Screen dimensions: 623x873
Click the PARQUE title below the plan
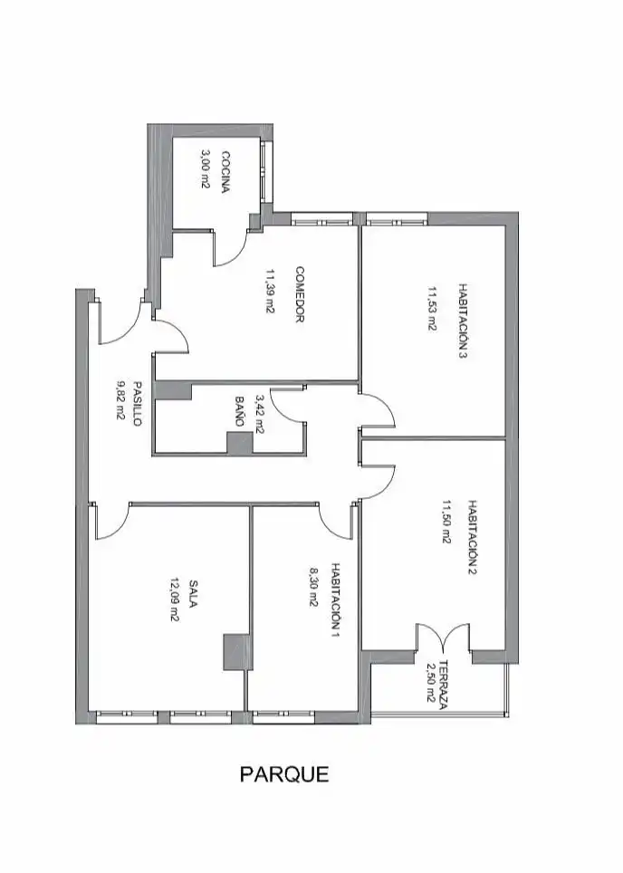284,774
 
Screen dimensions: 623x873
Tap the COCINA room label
225,171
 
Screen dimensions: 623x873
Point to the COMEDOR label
300,295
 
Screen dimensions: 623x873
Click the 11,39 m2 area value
270,292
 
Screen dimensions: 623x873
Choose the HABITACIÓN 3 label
462,321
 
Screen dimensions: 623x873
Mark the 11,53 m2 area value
431,310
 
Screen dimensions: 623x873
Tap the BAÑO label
239,411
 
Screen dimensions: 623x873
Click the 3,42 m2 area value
260,414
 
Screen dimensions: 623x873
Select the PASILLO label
137,403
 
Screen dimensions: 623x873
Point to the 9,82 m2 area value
120,399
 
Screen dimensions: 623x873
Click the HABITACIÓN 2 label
472,538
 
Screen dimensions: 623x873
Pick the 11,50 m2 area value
446,521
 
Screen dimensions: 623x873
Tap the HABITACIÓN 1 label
335,600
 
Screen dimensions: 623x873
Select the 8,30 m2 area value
313,588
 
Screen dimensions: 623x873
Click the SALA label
193,594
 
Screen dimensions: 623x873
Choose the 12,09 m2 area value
173,600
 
